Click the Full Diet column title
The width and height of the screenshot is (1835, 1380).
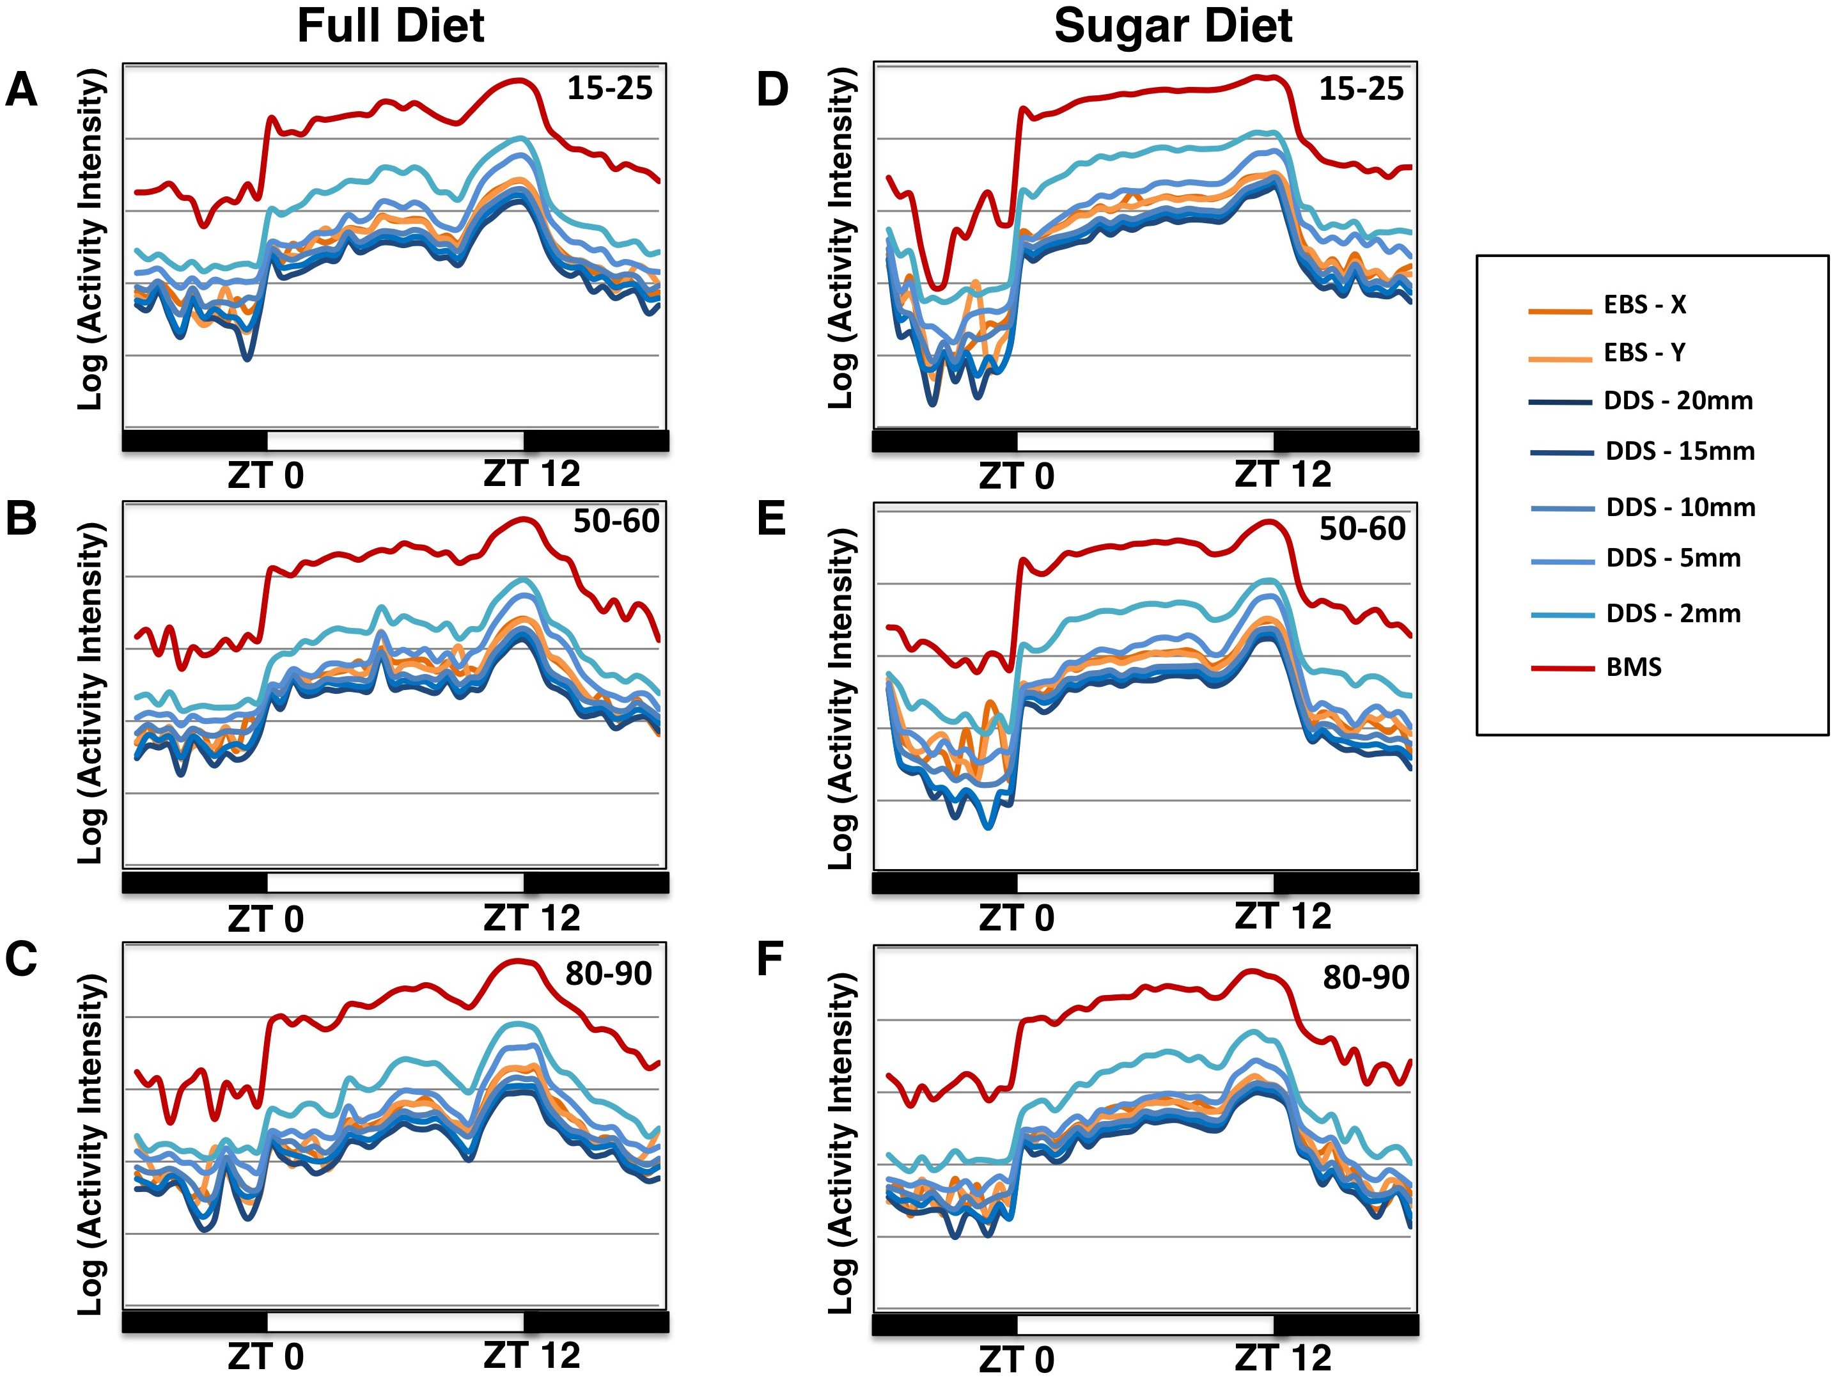tap(390, 27)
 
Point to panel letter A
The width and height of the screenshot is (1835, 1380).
tap(22, 90)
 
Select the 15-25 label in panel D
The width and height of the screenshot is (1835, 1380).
tap(1361, 89)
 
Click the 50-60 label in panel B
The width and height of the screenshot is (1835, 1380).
tap(616, 521)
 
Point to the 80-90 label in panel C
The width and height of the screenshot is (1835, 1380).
tap(608, 973)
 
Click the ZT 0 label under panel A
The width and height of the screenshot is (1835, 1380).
tap(265, 476)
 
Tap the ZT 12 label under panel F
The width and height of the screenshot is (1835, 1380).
tap(1283, 1358)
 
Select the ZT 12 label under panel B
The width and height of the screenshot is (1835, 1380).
tap(532, 918)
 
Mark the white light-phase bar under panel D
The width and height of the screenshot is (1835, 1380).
tap(1145, 441)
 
